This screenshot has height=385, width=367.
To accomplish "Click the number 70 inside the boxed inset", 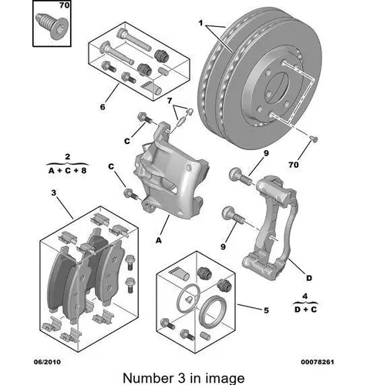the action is (x=64, y=5).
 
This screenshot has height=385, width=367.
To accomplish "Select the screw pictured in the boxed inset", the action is (x=51, y=26).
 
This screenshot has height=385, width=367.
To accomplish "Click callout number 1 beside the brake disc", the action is (x=200, y=23).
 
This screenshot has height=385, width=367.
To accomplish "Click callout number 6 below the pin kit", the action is (x=103, y=106).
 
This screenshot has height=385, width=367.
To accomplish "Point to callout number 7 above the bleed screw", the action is (x=170, y=101).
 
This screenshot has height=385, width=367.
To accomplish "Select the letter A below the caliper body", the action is (x=159, y=240).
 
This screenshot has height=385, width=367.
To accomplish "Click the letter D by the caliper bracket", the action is (x=309, y=278).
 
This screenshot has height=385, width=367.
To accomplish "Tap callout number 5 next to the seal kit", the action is (x=266, y=310).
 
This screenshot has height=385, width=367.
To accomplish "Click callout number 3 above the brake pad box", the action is (x=53, y=192).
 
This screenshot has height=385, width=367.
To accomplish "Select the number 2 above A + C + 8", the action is (x=67, y=156).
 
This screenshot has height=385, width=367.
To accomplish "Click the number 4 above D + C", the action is (x=305, y=296).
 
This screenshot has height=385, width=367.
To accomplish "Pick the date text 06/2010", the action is (x=48, y=362).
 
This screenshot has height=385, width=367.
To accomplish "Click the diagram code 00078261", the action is (x=318, y=362).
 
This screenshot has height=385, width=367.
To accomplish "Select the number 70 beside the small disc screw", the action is (x=294, y=165).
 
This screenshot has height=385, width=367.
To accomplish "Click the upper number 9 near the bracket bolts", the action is (x=266, y=153).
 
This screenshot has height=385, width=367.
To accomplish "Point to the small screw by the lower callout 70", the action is (x=314, y=139).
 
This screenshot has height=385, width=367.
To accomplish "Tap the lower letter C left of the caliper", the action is (x=111, y=166).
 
